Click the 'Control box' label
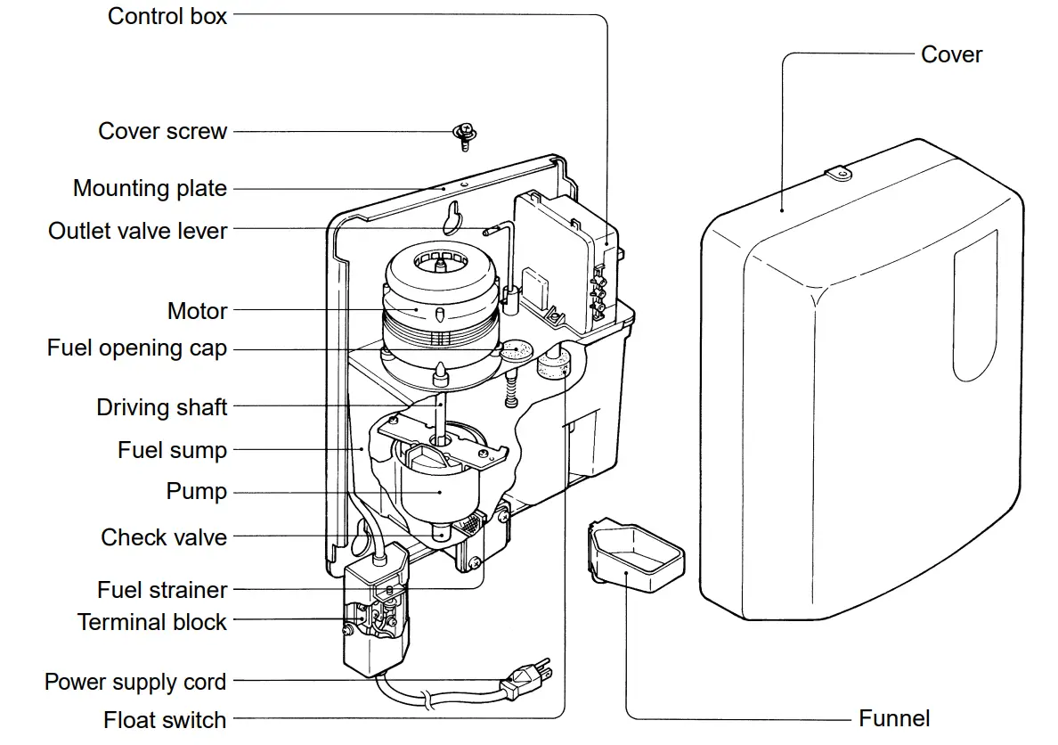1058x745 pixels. [167, 16]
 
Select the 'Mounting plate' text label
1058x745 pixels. [150, 189]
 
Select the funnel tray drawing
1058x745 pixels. [635, 557]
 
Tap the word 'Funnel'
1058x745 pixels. [894, 718]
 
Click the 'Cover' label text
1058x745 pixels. [951, 54]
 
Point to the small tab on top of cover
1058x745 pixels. [838, 174]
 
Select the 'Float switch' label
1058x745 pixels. [165, 720]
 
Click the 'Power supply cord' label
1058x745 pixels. [135, 683]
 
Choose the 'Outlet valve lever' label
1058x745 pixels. [138, 231]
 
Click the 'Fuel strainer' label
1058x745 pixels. [162, 590]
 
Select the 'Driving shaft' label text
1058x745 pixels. [162, 407]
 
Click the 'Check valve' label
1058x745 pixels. [164, 537]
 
